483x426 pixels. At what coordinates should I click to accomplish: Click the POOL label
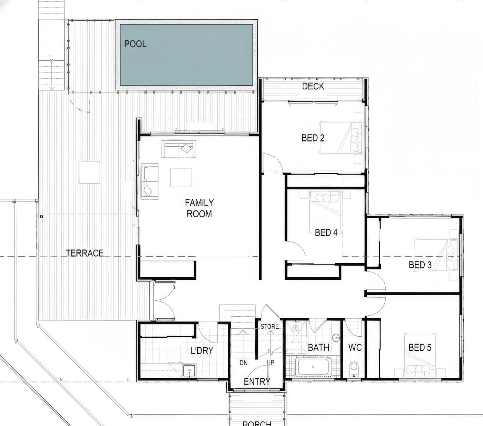[135, 44]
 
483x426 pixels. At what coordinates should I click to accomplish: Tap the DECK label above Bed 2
[313, 86]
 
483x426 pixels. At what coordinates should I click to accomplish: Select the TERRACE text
[85, 253]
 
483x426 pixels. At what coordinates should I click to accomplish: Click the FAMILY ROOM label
[199, 208]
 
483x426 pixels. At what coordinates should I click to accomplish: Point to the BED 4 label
[326, 233]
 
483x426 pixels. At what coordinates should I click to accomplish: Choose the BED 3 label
[420, 265]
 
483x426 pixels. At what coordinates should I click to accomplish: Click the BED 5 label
[420, 348]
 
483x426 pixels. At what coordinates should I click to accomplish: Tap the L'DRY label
[202, 351]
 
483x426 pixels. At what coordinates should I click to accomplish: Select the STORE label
[270, 327]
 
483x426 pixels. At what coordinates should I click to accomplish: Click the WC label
[355, 348]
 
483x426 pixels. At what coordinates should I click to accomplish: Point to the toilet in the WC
[354, 369]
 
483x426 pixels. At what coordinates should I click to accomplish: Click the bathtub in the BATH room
[313, 367]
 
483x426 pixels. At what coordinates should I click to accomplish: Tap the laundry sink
[190, 371]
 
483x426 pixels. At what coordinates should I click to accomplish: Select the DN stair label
[244, 363]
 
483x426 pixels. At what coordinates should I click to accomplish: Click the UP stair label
[270, 363]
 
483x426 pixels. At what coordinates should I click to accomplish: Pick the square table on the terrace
[89, 172]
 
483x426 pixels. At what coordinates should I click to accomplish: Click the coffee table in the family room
[181, 177]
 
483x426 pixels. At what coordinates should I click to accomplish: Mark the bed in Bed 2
[341, 138]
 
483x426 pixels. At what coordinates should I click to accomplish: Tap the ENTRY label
[257, 382]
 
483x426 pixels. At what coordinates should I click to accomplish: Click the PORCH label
[257, 423]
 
